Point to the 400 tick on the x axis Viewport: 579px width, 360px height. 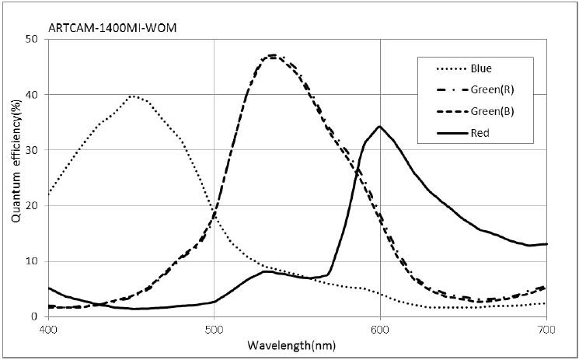(x=48, y=330)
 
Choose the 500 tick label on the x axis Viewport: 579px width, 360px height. (x=214, y=330)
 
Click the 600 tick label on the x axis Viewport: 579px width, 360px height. (x=380, y=330)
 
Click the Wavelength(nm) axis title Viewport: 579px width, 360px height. (x=298, y=344)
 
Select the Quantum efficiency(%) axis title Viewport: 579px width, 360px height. (x=16, y=177)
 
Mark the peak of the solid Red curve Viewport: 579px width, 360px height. (x=379, y=126)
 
